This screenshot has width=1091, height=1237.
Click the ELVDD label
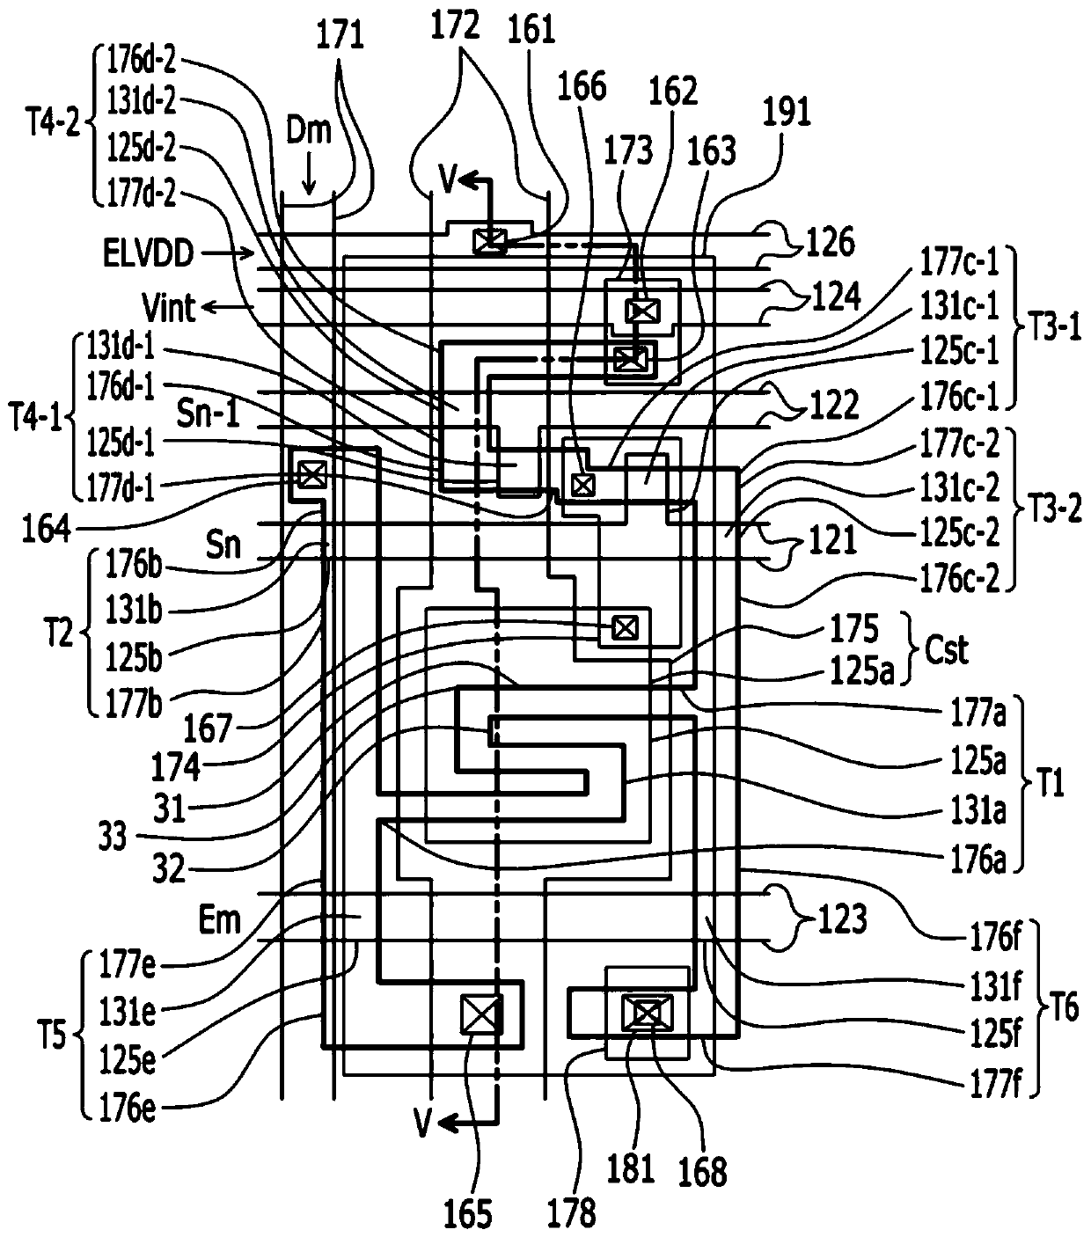(x=149, y=253)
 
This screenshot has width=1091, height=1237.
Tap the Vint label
(x=169, y=307)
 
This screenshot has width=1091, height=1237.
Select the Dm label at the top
(x=309, y=131)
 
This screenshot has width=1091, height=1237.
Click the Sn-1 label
(x=209, y=414)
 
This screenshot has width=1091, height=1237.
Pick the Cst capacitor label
(x=947, y=649)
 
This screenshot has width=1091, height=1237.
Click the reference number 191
(x=787, y=112)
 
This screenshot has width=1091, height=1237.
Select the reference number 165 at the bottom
(x=468, y=1213)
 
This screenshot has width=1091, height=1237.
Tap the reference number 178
(x=571, y=1212)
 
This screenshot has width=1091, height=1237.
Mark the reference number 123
(x=842, y=919)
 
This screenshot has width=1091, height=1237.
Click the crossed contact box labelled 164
(x=312, y=474)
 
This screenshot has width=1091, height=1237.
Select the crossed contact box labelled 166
(x=583, y=485)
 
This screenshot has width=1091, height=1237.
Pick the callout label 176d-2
(x=142, y=60)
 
